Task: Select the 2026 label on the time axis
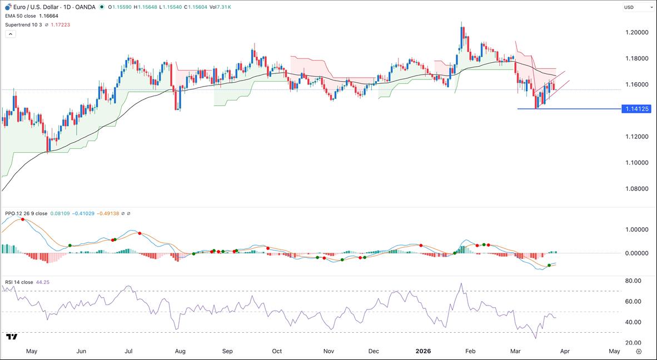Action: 424,351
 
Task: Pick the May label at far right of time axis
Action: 614,351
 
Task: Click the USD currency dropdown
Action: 638,7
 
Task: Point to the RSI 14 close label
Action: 19,282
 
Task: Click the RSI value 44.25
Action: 42,282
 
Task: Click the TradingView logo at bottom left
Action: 12,337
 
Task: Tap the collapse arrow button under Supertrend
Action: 10,34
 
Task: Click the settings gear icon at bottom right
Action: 639,351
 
